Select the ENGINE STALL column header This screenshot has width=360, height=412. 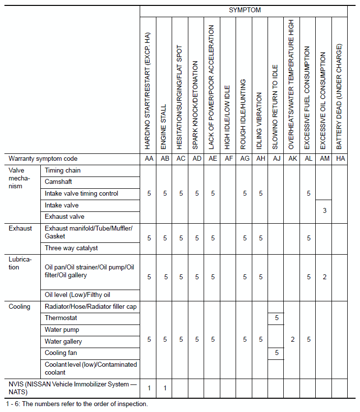click(x=164, y=126)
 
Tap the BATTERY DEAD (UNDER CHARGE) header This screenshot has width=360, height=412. click(x=339, y=96)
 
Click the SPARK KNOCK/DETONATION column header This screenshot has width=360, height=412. click(x=196, y=105)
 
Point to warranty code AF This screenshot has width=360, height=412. click(x=229, y=159)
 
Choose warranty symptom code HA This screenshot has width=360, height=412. click(x=340, y=159)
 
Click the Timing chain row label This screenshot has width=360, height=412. click(x=62, y=171)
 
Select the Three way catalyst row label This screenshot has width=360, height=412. click(x=71, y=248)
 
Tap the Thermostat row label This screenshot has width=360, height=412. click(x=60, y=318)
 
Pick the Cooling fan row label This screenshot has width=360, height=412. click(x=60, y=353)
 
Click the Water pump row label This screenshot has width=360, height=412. click(x=61, y=329)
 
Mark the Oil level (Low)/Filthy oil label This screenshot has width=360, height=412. click(x=77, y=295)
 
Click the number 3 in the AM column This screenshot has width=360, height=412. click(x=325, y=211)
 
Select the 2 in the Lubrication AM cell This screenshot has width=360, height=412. click(x=325, y=277)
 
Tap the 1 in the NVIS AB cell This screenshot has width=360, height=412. click(x=165, y=388)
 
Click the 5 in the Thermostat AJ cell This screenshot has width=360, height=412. click(x=277, y=318)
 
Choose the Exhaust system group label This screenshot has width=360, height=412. click(x=20, y=228)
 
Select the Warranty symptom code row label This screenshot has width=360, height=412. click(x=43, y=159)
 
